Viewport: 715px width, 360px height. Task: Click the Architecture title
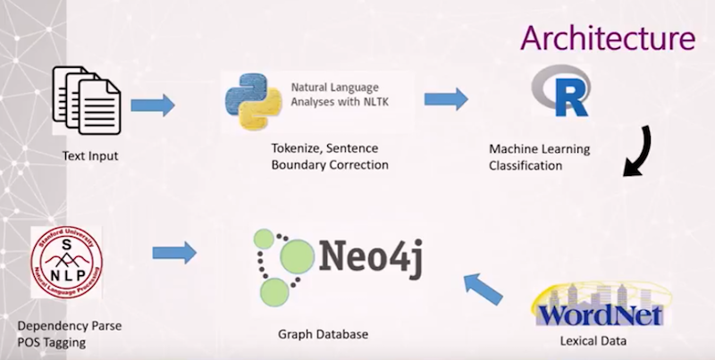point(608,38)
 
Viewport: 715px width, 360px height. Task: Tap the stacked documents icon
point(87,100)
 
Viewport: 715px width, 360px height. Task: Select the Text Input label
point(90,155)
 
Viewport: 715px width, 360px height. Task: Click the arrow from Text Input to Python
point(153,105)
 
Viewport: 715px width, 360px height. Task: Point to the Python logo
point(254,102)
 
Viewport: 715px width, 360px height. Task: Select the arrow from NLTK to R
point(446,99)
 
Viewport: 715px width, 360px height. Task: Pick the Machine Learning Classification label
point(540,157)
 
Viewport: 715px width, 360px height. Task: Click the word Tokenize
point(293,148)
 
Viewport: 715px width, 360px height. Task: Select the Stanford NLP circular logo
point(66,263)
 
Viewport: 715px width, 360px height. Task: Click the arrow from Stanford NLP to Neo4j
point(174,253)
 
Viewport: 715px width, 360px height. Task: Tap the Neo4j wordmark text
point(371,258)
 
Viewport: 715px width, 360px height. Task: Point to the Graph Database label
point(323,334)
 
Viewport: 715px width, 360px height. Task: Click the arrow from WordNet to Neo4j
point(484,289)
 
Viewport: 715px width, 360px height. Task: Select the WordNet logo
point(601,305)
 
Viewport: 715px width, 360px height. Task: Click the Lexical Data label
point(593,340)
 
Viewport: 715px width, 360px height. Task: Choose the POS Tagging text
point(52,343)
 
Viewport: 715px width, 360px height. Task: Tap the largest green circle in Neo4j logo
point(298,257)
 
